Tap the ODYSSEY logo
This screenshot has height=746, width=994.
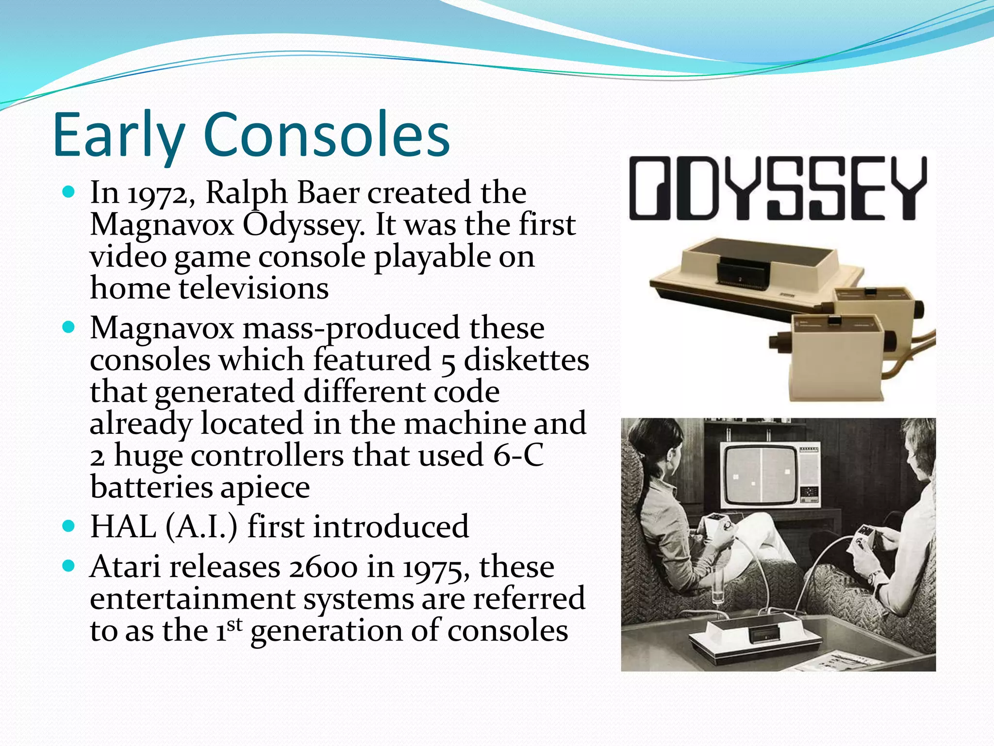pyautogui.click(x=778, y=188)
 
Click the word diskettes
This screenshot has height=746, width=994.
pyautogui.click(x=526, y=360)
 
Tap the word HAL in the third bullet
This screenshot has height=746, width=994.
pyautogui.click(x=123, y=527)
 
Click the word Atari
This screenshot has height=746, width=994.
pyautogui.click(x=125, y=567)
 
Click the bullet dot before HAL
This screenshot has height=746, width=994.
pyautogui.click(x=69, y=526)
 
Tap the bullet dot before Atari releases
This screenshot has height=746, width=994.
pyautogui.click(x=69, y=565)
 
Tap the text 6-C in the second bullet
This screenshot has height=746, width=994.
pyautogui.click(x=518, y=456)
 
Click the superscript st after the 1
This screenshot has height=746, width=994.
pyautogui.click(x=234, y=623)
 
